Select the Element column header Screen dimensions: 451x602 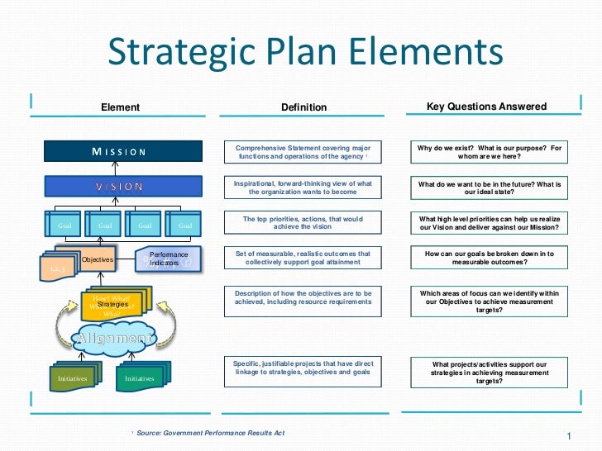(x=120, y=107)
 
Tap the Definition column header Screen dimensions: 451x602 (x=303, y=107)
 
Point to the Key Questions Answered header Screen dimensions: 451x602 (x=486, y=107)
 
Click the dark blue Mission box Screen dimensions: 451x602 (x=122, y=151)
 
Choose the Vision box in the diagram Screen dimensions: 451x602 (x=122, y=186)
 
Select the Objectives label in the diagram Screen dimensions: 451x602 (x=97, y=260)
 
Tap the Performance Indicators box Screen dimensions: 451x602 (x=169, y=259)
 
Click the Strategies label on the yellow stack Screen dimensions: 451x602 (x=113, y=305)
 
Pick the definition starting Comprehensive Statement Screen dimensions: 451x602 (x=303, y=152)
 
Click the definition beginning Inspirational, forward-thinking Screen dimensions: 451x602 (x=303, y=188)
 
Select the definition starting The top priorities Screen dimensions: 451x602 (x=303, y=223)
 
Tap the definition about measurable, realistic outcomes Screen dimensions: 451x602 (x=303, y=258)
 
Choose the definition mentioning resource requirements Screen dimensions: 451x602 (x=303, y=297)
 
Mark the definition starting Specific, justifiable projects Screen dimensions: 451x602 (x=303, y=368)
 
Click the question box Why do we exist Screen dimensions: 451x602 (x=489, y=152)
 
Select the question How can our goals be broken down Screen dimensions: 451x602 (x=489, y=258)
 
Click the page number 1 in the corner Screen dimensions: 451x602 (x=570, y=435)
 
